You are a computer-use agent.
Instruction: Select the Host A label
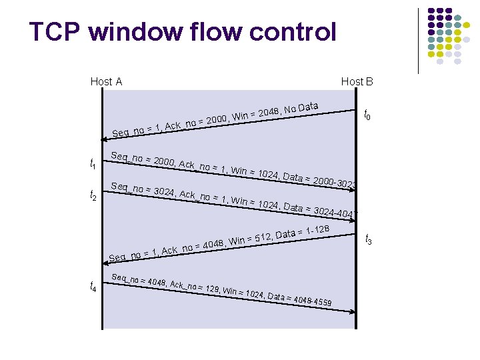106,82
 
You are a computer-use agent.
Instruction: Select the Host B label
357,82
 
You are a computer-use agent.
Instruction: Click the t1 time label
93,164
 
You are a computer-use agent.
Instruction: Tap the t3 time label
368,239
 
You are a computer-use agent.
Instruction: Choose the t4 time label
93,287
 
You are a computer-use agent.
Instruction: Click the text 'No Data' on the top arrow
301,107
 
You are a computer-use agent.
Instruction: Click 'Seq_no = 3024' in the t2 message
143,189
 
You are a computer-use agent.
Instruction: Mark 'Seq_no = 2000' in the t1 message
142,160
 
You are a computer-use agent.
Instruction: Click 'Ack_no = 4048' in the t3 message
193,247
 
